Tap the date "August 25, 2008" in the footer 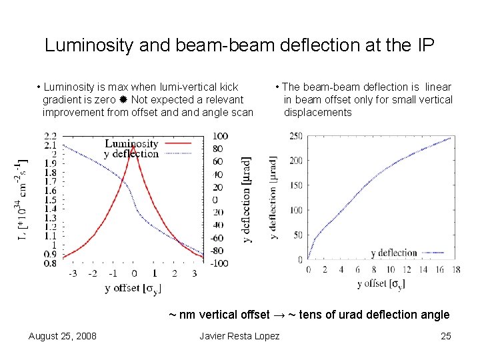pos(62,335)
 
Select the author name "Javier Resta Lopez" pos(239,335)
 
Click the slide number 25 pos(446,335)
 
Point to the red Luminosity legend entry pos(131,143)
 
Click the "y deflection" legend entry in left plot pos(131,154)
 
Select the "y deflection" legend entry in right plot pos(393,253)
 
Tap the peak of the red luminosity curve pos(133,147)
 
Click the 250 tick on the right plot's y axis pos(295,136)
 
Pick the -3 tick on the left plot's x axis pos(72,273)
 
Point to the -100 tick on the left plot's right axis pos(219,263)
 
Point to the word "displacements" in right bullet pos(317,113)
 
